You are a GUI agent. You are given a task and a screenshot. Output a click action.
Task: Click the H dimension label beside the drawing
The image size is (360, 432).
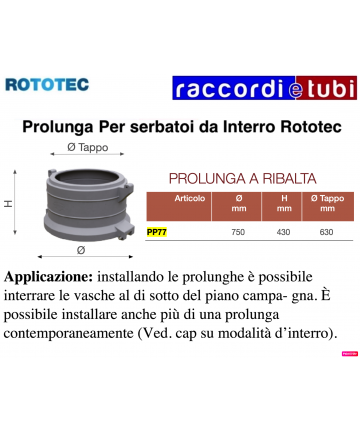coord(8,203)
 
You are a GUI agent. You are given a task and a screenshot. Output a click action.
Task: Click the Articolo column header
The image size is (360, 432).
coord(190,199)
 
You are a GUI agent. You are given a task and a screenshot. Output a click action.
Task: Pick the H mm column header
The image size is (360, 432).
coord(283,204)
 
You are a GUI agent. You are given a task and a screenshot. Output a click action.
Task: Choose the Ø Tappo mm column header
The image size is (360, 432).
coord(326,204)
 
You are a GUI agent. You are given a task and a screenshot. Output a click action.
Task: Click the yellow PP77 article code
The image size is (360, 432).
coord(157,232)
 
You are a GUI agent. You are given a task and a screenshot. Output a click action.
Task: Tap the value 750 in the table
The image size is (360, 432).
coord(239,232)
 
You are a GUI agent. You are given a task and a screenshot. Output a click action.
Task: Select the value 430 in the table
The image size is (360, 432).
coord(283,232)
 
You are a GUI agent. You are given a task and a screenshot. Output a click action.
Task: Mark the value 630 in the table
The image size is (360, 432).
coord(326,232)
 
